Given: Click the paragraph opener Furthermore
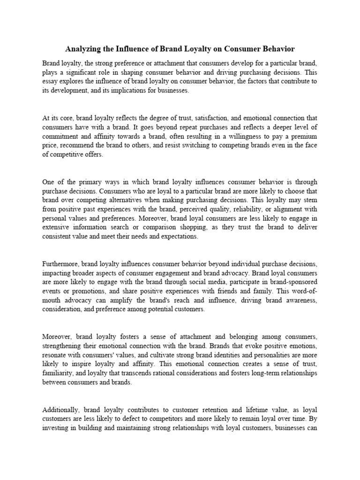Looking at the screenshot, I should (60, 263).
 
